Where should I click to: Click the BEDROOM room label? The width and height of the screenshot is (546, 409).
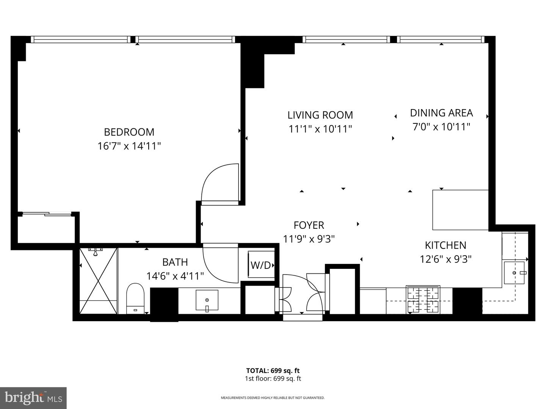129,132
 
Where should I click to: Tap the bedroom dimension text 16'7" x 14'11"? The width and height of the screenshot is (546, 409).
129,146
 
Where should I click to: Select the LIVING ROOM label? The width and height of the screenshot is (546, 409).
320,115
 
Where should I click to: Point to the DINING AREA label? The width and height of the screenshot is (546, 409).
441,113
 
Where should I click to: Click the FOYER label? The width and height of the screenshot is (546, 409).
309,225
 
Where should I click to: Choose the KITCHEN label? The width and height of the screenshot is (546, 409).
445,245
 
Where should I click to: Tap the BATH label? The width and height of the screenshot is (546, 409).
175,262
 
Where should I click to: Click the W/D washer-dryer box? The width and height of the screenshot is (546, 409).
261,265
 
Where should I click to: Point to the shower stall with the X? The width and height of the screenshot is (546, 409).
98,281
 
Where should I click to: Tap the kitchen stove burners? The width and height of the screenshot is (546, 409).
422,299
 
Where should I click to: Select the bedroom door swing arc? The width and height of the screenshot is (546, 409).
220,184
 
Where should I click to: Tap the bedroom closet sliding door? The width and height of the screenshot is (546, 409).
47,214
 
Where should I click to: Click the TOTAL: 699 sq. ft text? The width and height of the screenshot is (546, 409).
273,371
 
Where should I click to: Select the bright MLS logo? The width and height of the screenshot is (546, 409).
33,398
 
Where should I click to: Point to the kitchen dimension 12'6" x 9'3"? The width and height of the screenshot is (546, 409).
445,259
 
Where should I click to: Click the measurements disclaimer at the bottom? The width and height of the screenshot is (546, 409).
273,398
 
